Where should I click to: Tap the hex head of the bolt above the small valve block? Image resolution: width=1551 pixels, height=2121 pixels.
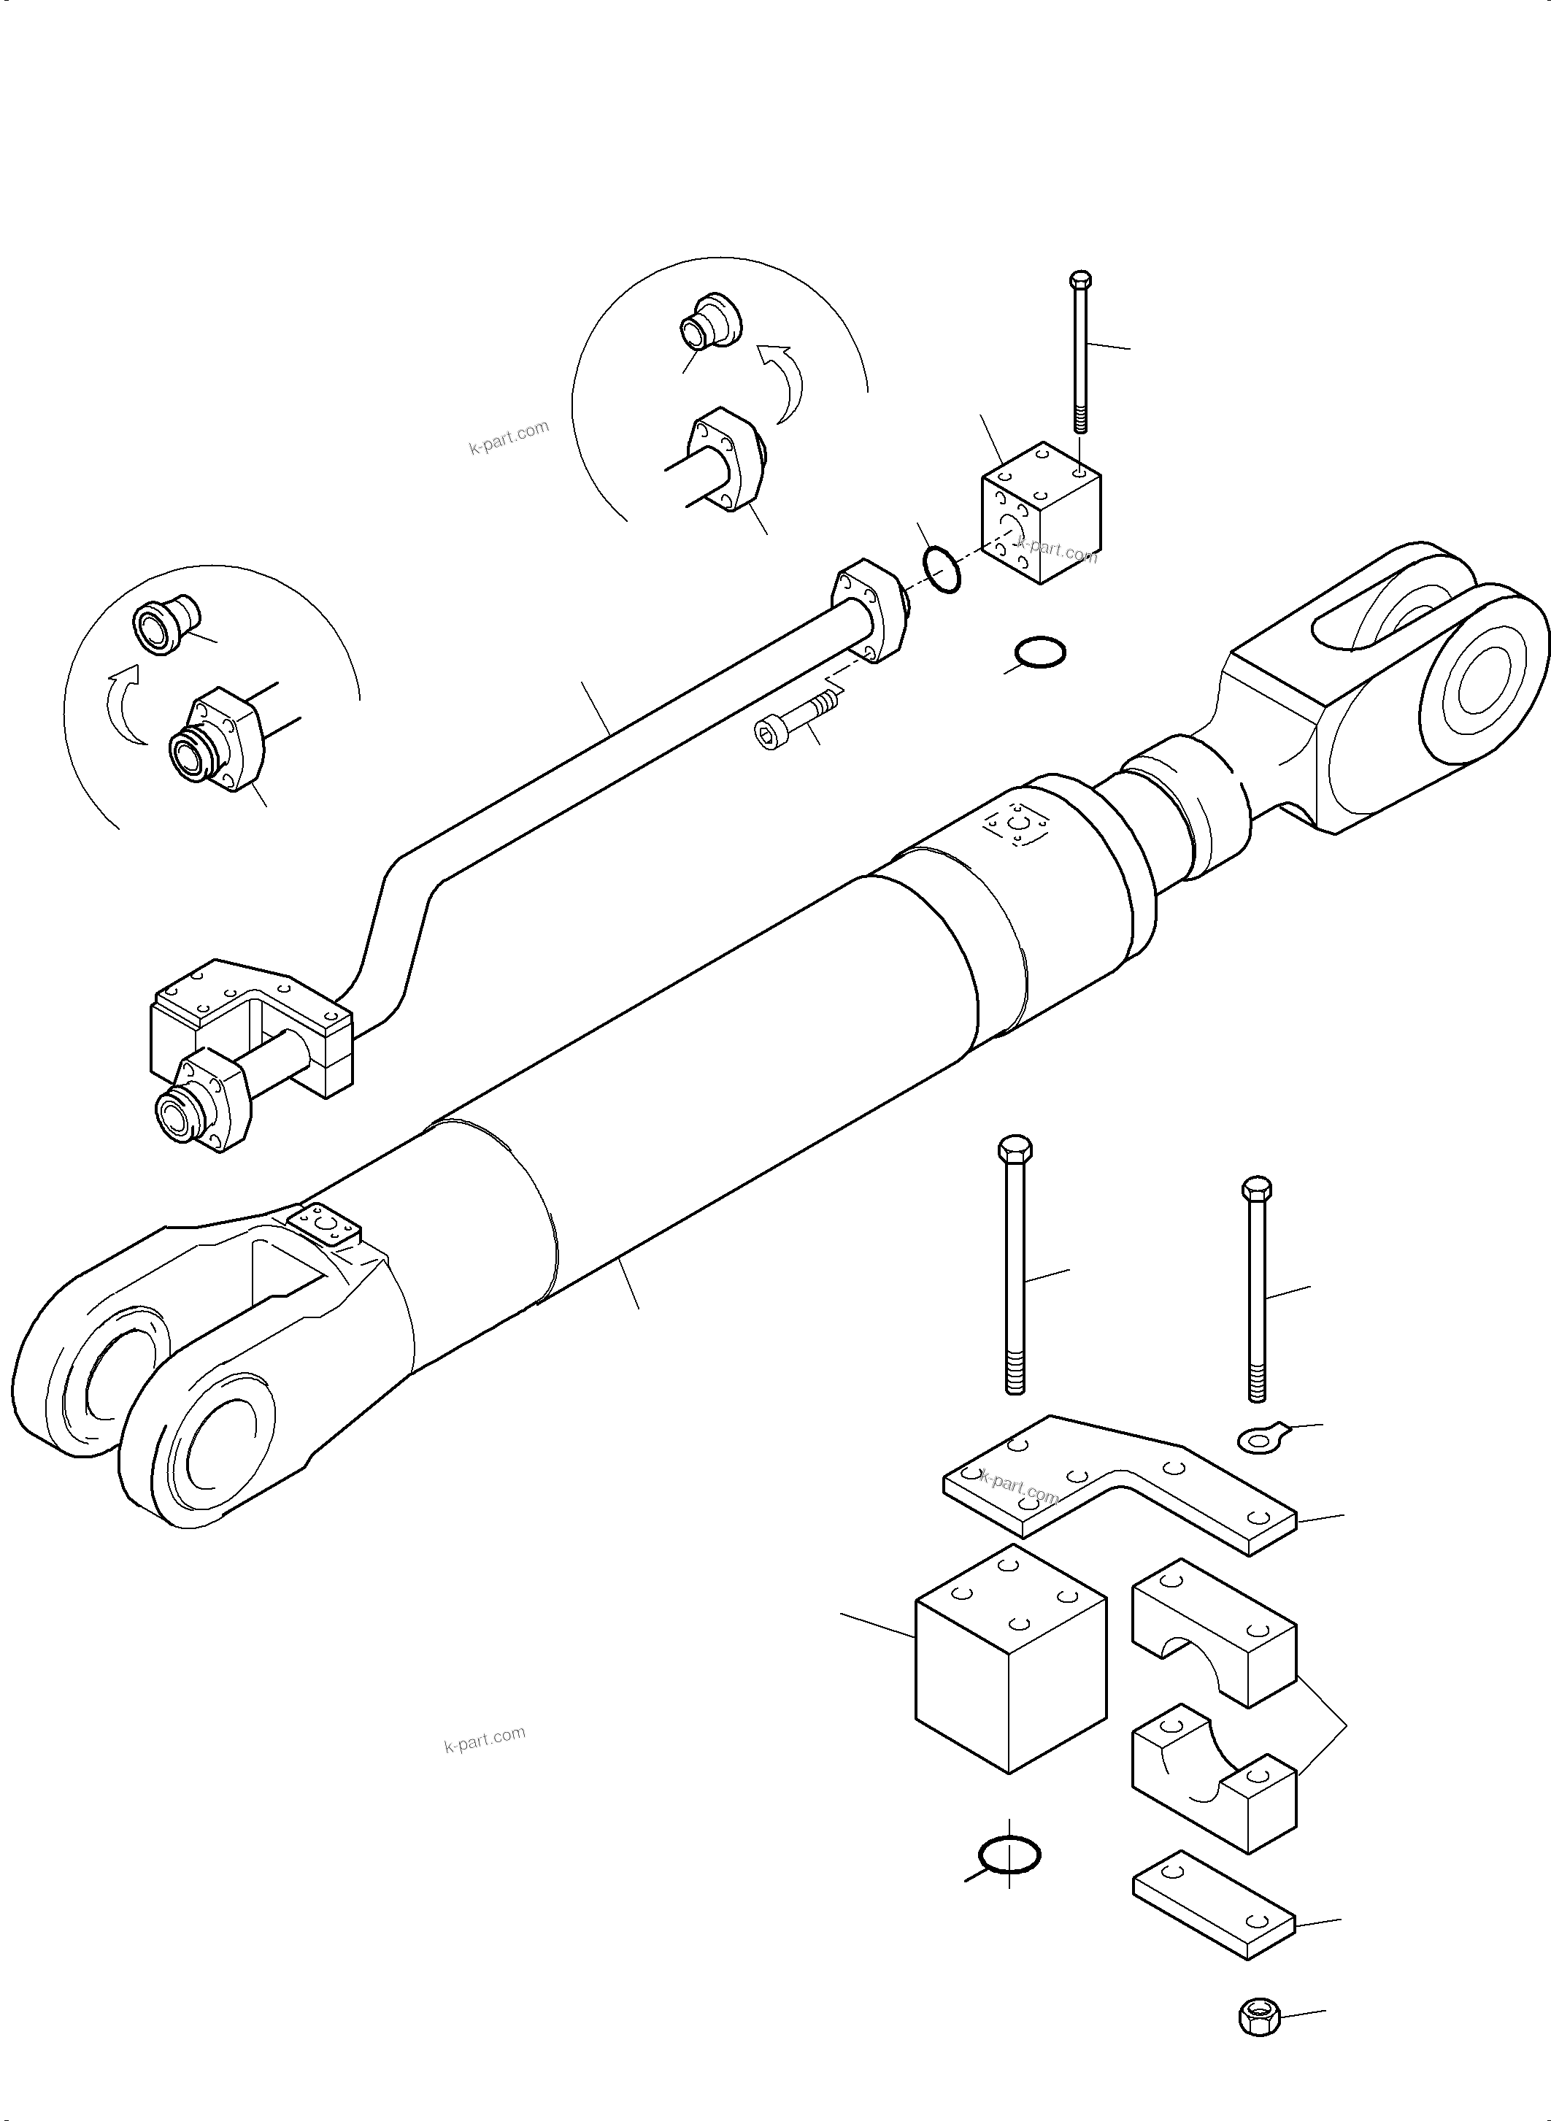coord(1081,280)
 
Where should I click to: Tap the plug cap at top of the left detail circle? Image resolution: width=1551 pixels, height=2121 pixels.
coord(165,623)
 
